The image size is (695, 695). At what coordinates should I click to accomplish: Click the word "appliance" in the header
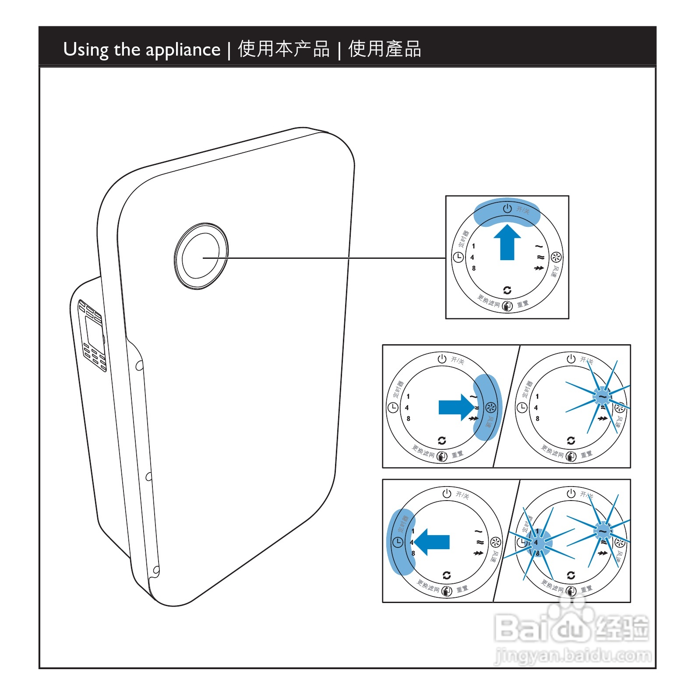pos(183,50)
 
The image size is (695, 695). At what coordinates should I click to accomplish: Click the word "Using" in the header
pos(86,50)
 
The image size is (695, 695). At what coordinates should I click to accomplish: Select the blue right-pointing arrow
pos(456,407)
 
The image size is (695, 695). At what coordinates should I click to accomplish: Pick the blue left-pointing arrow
pos(432,542)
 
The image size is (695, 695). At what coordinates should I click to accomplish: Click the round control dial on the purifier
pos(201,256)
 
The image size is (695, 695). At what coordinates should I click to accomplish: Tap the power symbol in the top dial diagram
pos(507,208)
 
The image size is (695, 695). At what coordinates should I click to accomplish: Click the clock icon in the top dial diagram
pos(458,258)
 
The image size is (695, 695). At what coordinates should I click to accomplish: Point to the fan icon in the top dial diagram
pos(556,257)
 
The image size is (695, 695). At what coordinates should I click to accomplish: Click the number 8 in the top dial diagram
pos(473,268)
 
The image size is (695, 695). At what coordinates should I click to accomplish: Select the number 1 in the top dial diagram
pos(473,246)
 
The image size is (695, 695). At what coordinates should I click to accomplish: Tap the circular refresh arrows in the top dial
pos(507,290)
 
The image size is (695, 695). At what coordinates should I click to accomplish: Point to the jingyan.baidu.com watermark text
pos(573,656)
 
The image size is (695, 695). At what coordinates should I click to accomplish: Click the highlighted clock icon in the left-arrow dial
pos(397,543)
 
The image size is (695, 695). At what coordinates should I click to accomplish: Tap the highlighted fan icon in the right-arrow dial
pos(491,408)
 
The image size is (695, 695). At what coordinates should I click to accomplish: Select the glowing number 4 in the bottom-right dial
pos(536,542)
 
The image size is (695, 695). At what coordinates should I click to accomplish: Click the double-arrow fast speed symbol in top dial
pos(539,268)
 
